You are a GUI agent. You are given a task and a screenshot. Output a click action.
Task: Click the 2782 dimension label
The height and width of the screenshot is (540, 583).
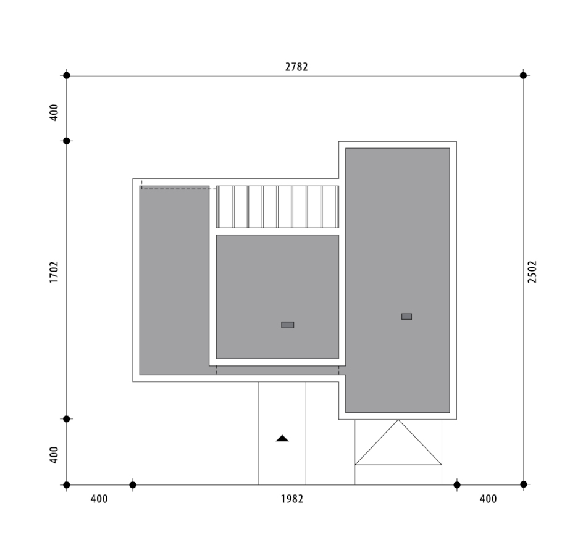tap(296, 67)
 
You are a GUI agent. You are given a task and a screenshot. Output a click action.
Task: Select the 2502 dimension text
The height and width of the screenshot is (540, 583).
tap(532, 272)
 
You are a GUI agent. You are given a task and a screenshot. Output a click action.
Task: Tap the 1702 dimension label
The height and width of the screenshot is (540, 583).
tap(54, 272)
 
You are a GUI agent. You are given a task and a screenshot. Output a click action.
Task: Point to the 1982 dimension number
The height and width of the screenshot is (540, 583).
tap(292, 499)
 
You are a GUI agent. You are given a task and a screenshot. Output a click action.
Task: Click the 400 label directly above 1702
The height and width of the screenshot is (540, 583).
tap(54, 112)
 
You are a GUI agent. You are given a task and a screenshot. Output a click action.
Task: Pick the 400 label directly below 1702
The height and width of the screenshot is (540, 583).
tap(54, 455)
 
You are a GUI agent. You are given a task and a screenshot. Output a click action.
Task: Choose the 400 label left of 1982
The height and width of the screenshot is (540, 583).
tap(99, 499)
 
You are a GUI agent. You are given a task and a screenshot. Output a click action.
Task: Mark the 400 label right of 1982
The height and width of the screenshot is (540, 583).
tap(488, 499)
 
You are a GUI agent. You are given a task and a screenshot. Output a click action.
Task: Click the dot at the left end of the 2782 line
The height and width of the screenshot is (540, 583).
tap(67, 76)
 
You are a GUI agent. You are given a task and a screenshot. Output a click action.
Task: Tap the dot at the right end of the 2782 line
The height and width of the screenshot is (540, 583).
tap(523, 76)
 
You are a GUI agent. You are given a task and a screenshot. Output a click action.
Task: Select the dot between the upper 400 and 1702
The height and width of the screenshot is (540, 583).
tap(67, 141)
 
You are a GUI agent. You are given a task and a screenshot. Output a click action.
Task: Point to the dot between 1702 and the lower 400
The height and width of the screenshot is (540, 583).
tap(67, 419)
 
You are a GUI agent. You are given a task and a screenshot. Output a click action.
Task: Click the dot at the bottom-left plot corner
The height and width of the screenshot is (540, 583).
tap(67, 485)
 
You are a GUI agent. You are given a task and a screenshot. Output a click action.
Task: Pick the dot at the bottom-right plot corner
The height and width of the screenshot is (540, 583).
tap(524, 484)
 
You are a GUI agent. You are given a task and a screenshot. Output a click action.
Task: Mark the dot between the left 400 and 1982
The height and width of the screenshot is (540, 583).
tap(133, 485)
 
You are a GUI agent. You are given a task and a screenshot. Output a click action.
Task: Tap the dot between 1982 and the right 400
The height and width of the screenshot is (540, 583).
tap(457, 485)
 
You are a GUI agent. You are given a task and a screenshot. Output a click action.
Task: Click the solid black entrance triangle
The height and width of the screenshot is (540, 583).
tap(282, 439)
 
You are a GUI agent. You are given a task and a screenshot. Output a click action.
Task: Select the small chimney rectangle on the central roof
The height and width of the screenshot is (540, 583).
tap(287, 325)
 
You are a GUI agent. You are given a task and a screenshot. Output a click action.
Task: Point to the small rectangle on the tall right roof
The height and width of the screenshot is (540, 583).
tap(406, 316)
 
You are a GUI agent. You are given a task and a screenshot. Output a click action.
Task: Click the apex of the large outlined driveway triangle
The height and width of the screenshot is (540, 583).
tap(398, 420)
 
